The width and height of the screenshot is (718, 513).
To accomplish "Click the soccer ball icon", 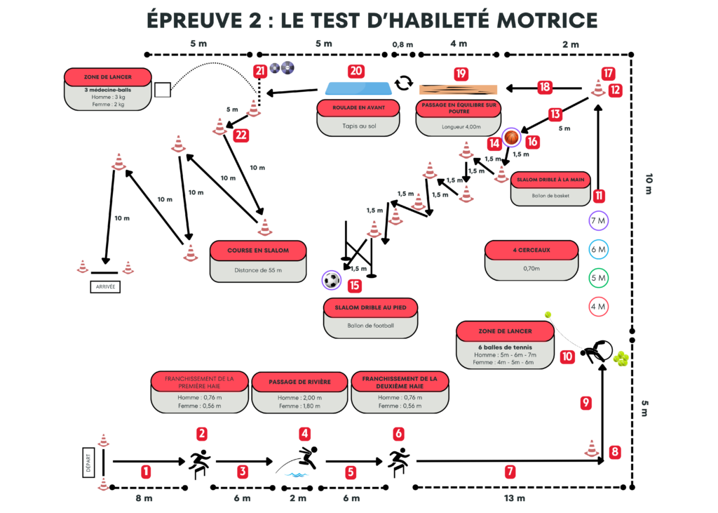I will (332, 281).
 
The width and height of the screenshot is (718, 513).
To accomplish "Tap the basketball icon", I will (512, 137).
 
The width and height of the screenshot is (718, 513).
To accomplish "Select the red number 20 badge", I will (357, 72).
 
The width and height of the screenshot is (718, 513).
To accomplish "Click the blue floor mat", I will (359, 88).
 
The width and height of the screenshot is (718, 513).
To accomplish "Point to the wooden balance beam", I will (458, 89).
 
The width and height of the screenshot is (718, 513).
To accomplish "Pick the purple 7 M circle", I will (598, 221).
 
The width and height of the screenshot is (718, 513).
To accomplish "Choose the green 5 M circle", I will (598, 278).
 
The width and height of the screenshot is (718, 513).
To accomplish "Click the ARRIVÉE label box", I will (105, 286).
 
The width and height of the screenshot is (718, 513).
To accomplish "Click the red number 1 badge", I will (146, 472).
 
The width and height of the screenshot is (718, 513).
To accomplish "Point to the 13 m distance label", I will (515, 498).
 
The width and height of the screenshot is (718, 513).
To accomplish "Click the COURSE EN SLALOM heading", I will (258, 250).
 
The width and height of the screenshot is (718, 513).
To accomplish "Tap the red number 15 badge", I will (355, 285).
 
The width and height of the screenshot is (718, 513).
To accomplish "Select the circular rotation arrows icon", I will (403, 84).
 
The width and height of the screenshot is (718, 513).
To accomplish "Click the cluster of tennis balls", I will (621, 359).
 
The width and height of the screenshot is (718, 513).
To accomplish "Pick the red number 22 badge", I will (241, 135).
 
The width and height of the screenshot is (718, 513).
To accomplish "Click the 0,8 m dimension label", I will (402, 45).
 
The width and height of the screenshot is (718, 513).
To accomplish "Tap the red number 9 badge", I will (586, 403).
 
